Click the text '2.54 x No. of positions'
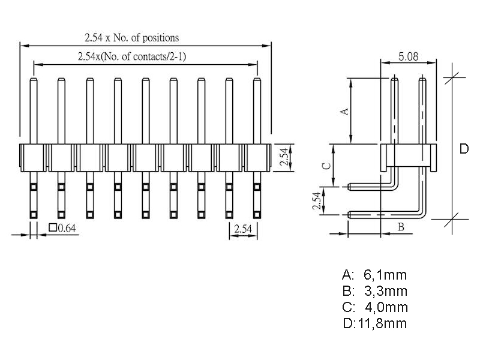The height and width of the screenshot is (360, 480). pyautogui.click(x=132, y=37)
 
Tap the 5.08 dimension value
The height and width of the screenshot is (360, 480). pyautogui.click(x=408, y=58)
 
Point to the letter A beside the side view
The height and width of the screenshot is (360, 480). pyautogui.click(x=344, y=112)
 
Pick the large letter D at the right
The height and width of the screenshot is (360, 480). pyautogui.click(x=464, y=149)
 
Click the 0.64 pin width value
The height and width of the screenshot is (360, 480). pyautogui.click(x=67, y=227)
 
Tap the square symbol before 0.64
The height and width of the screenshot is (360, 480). pyautogui.click(x=52, y=227)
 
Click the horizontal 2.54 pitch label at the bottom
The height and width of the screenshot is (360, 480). pyautogui.click(x=243, y=228)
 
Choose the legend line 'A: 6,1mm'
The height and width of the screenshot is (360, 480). pyautogui.click(x=374, y=275)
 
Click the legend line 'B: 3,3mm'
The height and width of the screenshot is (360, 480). pyautogui.click(x=374, y=292)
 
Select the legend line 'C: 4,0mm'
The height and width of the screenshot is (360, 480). pyautogui.click(x=374, y=308)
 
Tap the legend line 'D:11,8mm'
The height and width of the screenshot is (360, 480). pyautogui.click(x=374, y=324)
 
